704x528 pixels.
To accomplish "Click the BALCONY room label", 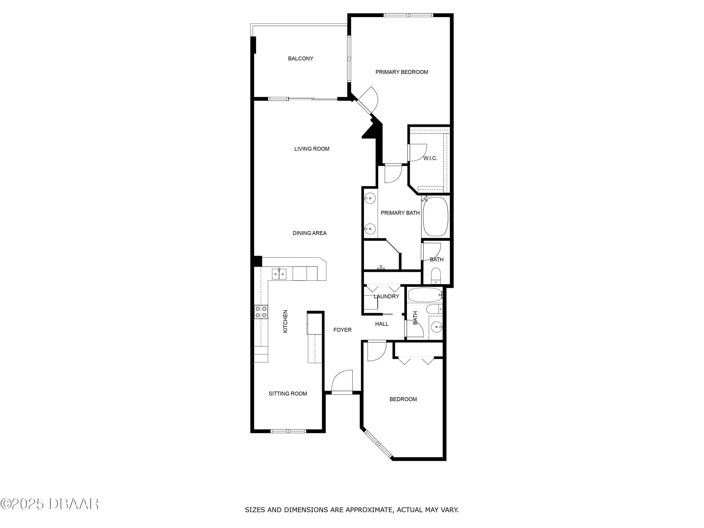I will coord(300,59).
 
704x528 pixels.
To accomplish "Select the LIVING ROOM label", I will coord(312,149).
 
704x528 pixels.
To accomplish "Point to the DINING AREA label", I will coord(309,233).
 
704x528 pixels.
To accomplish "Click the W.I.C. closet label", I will coord(430,158).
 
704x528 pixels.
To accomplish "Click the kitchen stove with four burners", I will coord(261,312).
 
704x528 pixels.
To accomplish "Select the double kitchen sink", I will coord(279,274).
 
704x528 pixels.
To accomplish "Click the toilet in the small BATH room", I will coord(435,276).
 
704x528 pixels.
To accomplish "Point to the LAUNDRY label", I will coord(386,297).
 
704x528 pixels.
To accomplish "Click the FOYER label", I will coord(342,330).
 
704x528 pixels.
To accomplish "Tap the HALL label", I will coord(382,324).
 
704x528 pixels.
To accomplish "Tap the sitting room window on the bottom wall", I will coord(288,431).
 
